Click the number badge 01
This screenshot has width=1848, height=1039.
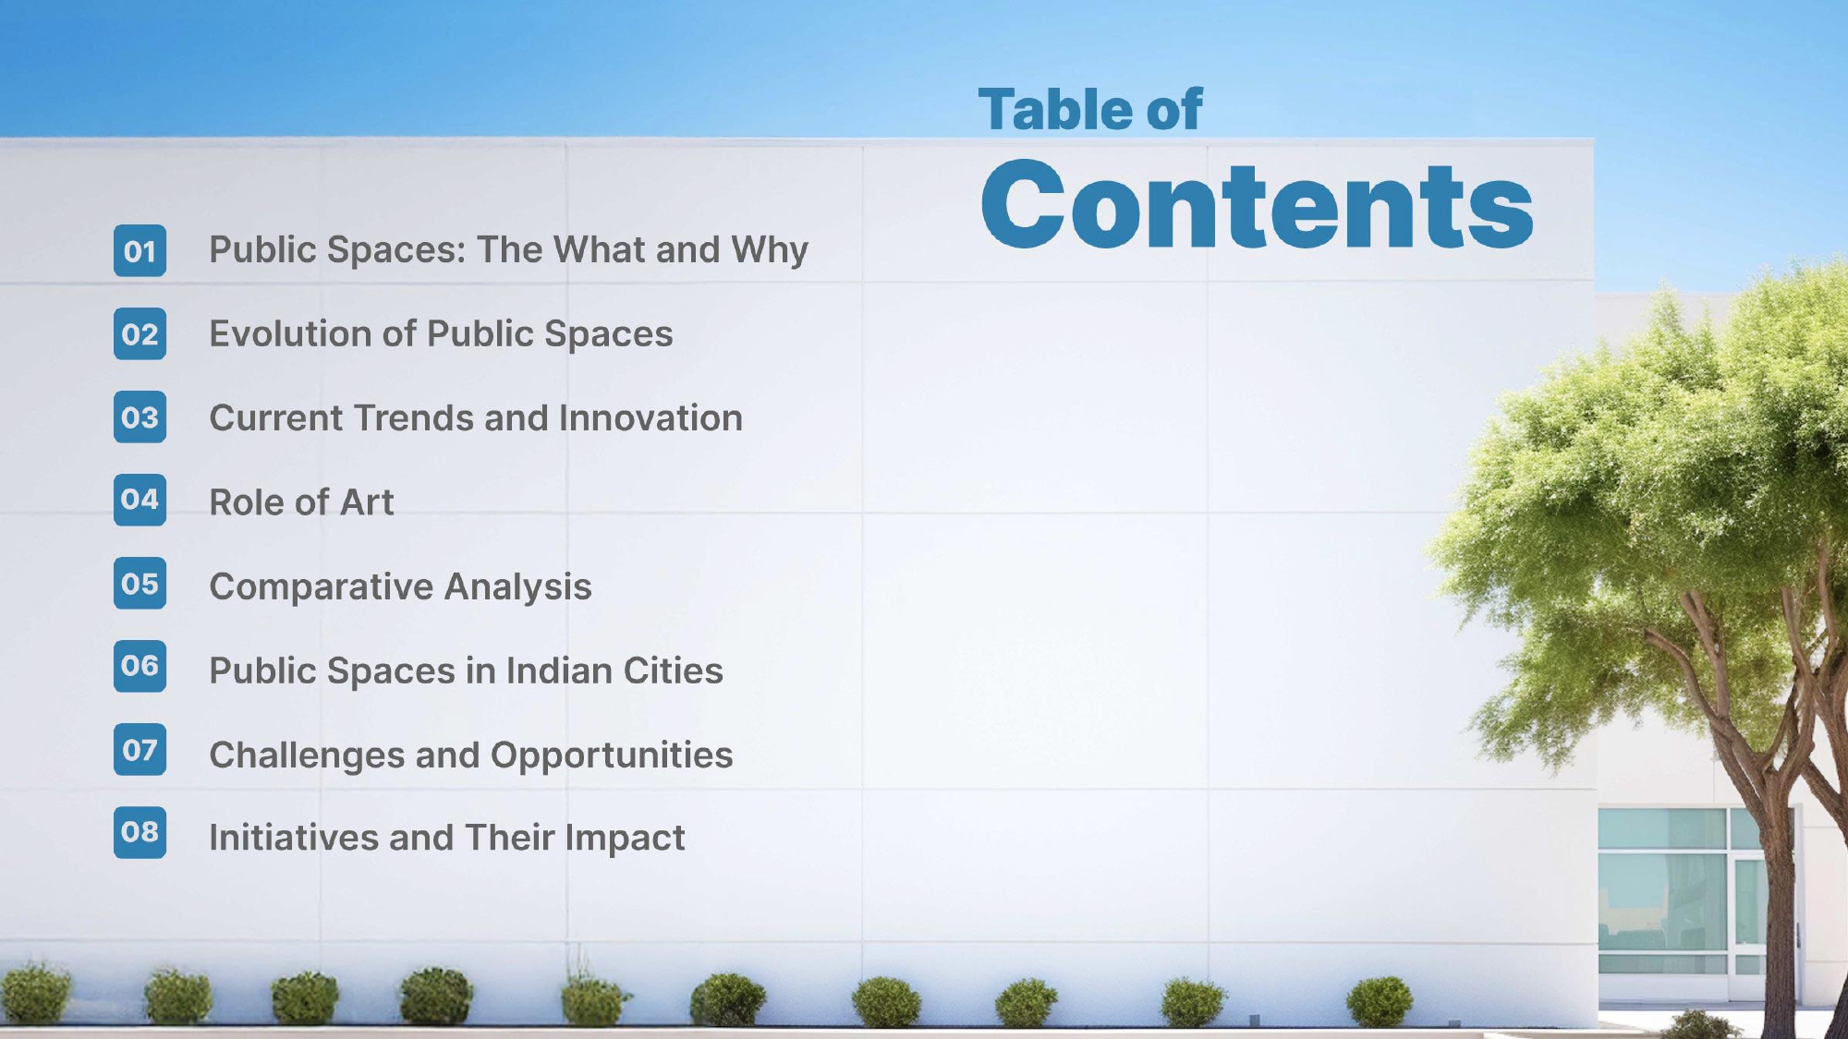point(140,250)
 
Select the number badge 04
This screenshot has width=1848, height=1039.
point(140,500)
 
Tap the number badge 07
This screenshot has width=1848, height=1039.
point(140,749)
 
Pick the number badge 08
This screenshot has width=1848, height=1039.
point(140,832)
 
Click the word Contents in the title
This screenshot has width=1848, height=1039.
point(1257,204)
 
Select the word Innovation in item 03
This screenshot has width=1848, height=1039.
point(650,417)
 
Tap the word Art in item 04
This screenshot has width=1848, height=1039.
point(367,502)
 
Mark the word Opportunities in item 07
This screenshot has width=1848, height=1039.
point(612,755)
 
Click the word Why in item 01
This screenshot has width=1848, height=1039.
point(770,250)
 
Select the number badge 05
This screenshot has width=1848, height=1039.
point(140,583)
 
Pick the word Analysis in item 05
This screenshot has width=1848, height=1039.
point(518,587)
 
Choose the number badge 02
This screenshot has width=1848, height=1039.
point(140,333)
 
